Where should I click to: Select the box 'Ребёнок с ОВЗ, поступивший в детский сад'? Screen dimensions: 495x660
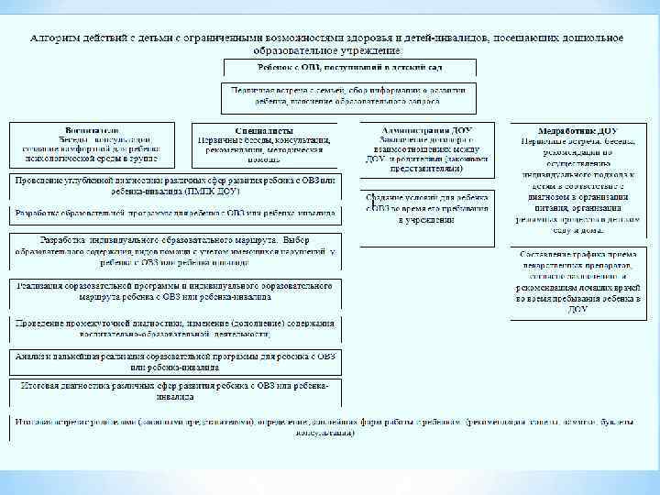click(348, 68)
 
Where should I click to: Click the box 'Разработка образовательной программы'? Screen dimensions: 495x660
click(174, 213)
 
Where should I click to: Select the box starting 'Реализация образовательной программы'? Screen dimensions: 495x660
click(174, 291)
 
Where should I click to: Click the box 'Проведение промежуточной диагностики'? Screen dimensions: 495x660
click(174, 327)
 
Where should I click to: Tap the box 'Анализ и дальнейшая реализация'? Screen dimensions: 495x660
click(174, 361)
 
